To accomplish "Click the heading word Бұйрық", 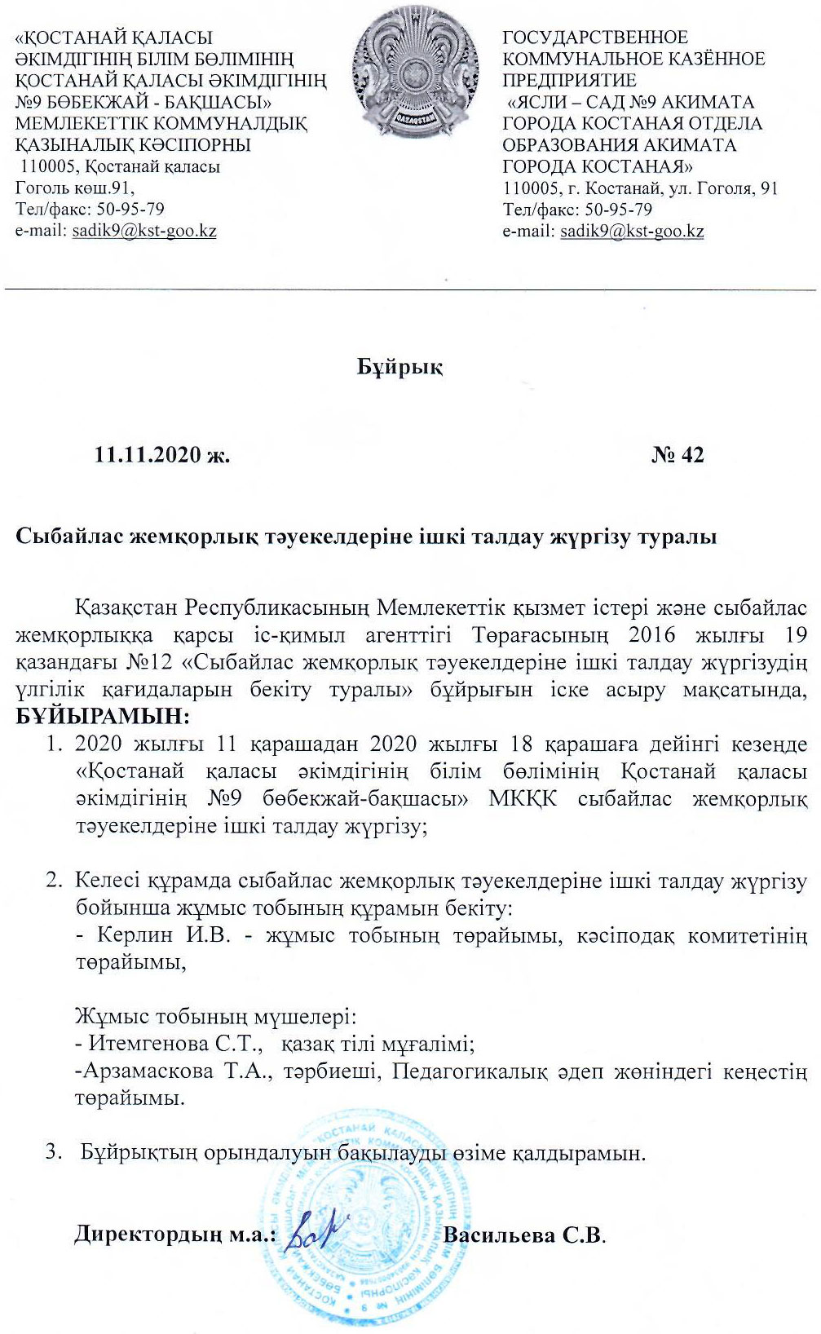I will click(x=399, y=367).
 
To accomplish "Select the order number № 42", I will click(x=678, y=454).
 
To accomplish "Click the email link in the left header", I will click(x=144, y=231).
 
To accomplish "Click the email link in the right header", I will click(x=632, y=231).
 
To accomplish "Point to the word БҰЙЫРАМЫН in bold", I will click(x=101, y=717).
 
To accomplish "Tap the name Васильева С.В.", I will click(x=523, y=1234).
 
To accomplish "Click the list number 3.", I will click(x=53, y=1152).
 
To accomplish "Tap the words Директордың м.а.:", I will click(x=175, y=1234).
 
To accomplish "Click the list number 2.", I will click(x=53, y=881).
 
